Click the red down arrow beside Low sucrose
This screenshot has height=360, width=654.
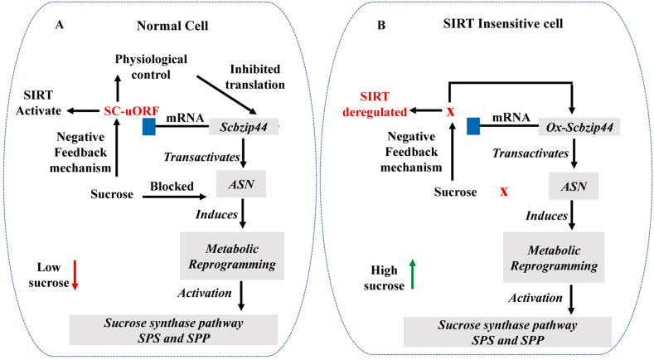coord(75,274)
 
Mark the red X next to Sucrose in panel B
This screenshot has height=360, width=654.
coord(504,192)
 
